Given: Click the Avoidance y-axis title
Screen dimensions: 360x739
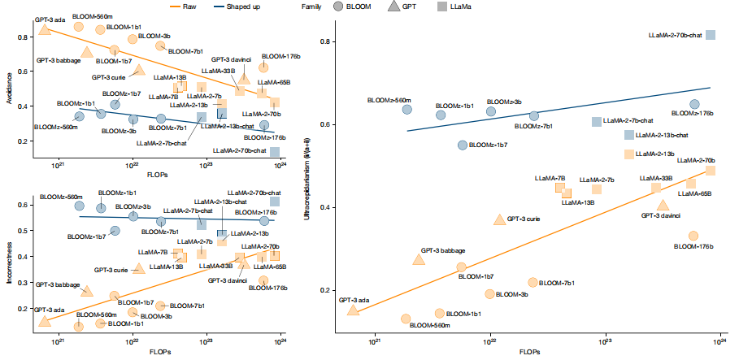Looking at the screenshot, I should pos(7,89).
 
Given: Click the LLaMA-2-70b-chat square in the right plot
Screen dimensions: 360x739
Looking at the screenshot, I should pos(710,35).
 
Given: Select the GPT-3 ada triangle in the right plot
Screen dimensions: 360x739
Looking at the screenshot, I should pos(353,309).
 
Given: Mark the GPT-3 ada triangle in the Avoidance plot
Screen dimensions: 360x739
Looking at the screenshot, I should pos(45,30).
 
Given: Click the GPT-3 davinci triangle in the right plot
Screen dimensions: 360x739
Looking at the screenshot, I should pos(663,206).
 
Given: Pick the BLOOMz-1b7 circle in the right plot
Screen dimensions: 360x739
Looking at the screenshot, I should pos(463,145).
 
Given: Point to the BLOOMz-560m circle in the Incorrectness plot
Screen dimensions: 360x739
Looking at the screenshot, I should pos(80,206).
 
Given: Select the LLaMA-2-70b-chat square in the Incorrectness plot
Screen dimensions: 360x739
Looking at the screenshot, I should pos(275,202).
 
